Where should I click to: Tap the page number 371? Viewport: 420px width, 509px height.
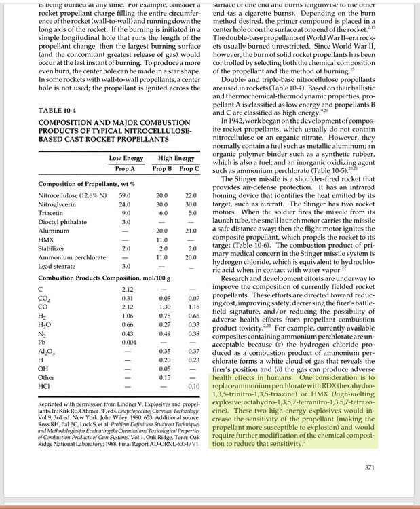click(369, 467)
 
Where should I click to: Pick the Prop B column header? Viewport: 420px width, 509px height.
click(161, 168)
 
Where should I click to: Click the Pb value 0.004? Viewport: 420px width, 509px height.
click(125, 342)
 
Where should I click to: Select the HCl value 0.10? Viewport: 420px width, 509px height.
click(192, 385)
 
